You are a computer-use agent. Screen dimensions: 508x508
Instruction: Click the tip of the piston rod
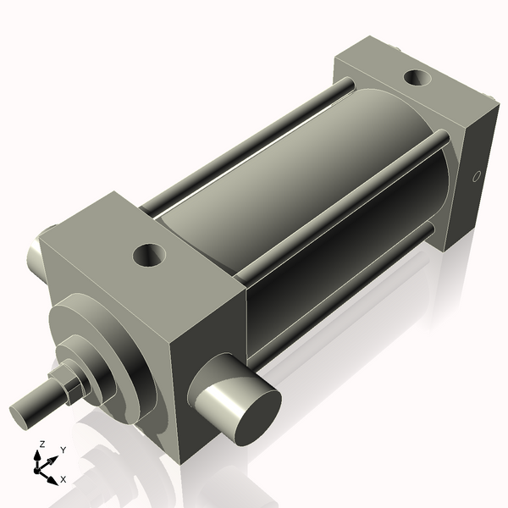(23, 415)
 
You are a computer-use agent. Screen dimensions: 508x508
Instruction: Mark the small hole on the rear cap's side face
(476, 178)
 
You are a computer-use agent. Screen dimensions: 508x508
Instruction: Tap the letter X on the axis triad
(63, 479)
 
